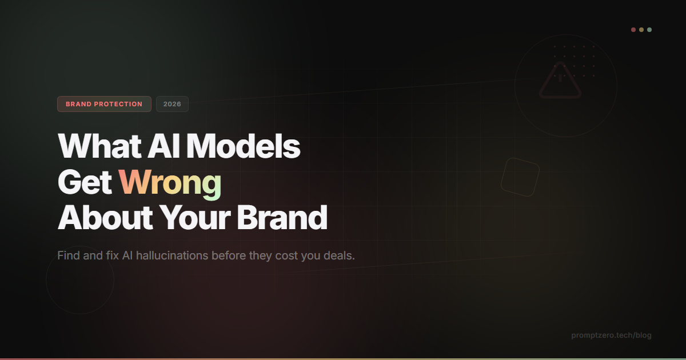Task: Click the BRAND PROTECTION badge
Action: [x=104, y=104]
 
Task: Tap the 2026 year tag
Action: [x=172, y=104]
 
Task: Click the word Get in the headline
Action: [x=85, y=183]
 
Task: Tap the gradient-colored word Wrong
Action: [x=170, y=183]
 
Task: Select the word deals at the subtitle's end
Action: [x=338, y=255]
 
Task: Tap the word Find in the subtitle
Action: [x=67, y=255]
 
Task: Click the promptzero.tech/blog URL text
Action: [x=611, y=335]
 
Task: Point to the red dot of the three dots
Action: [x=633, y=30]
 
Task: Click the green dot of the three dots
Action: [x=649, y=30]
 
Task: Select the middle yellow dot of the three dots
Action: [x=641, y=30]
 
